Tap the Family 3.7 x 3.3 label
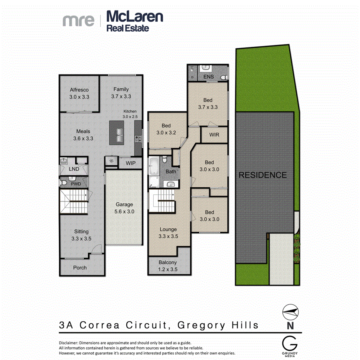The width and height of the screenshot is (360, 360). [x=121, y=93]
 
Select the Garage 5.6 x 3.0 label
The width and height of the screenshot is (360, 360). [x=124, y=208]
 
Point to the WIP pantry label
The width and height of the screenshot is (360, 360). [x=131, y=163]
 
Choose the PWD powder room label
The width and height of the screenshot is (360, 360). [x=76, y=184]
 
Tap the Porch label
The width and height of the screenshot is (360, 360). [x=80, y=267]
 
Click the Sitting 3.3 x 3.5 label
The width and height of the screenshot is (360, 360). [x=81, y=235]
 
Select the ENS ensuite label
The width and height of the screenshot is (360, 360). [x=209, y=77]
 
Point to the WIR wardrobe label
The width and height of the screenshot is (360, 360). [x=214, y=135]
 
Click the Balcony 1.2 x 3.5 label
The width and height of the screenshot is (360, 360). [x=168, y=266]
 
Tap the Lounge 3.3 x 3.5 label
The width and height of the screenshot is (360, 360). [x=168, y=233]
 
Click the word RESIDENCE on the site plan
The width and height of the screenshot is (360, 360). [x=263, y=175]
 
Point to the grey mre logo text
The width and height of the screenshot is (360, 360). [x=79, y=20]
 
